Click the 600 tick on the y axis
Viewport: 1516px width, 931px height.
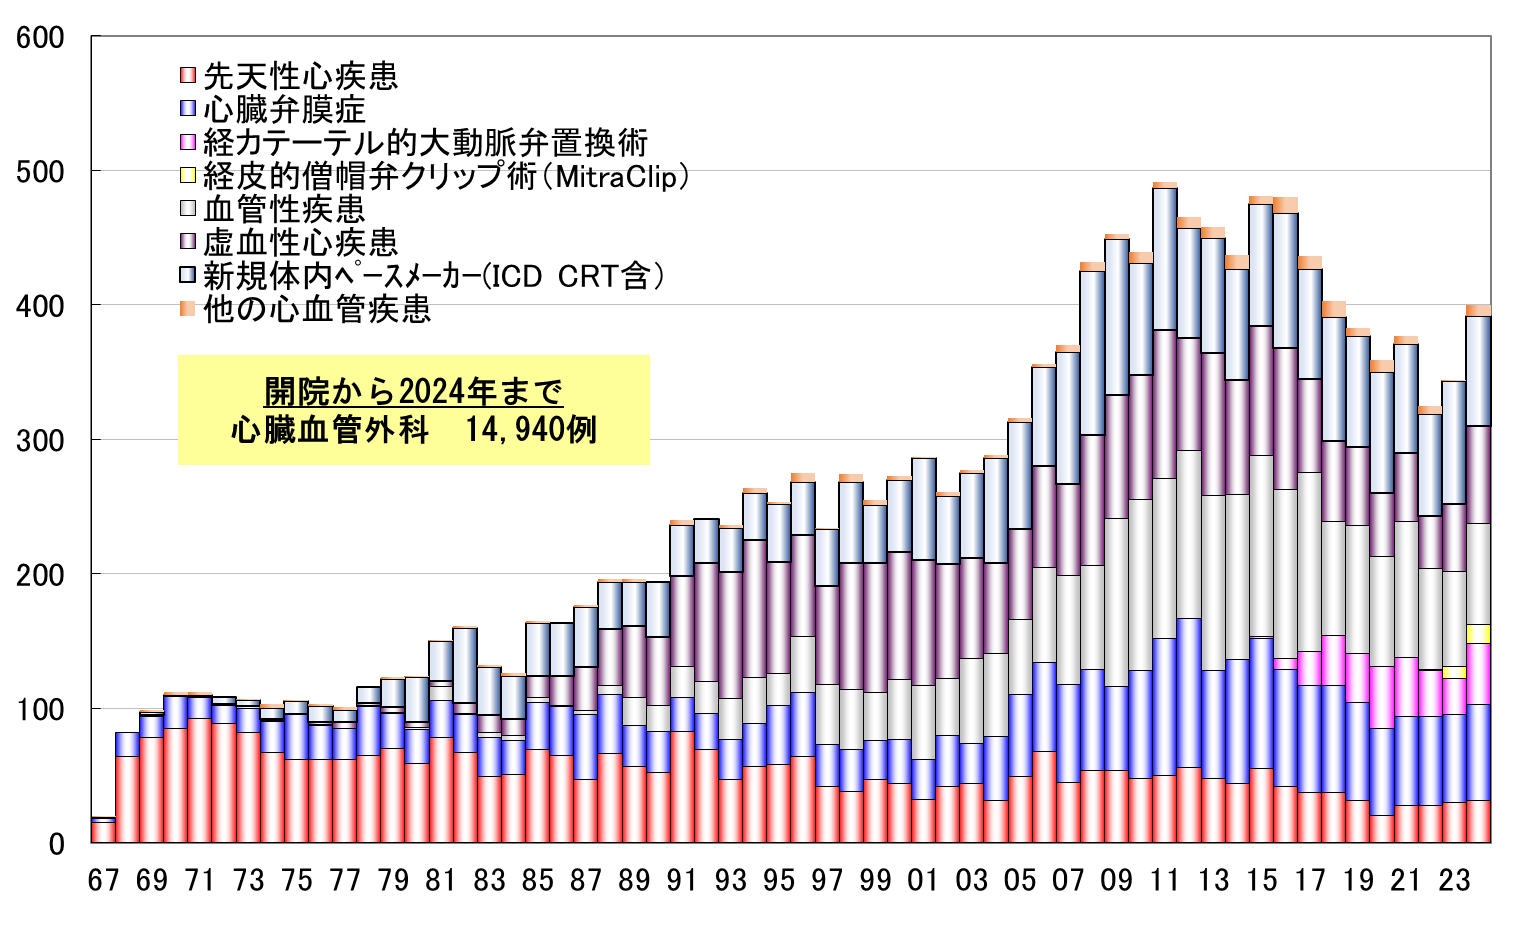pos(40,38)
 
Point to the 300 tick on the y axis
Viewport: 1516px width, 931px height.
pos(40,440)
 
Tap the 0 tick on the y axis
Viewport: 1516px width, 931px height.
pos(55,843)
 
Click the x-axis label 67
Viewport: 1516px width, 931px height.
pos(103,880)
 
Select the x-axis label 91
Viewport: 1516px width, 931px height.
pos(682,880)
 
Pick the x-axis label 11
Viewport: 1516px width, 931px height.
pos(1165,880)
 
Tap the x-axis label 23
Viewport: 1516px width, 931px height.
pos(1454,880)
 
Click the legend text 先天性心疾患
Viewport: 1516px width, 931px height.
pos(300,76)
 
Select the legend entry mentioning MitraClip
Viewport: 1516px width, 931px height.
pos(445,176)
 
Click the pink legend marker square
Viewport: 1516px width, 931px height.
pos(187,142)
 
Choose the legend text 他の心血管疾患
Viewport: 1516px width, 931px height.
pos(317,309)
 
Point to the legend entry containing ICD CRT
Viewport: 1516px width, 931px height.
pos(433,276)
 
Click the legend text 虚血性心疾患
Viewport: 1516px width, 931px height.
pos(300,242)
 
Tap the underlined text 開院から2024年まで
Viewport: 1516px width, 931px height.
pos(413,391)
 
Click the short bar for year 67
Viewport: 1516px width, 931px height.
pos(103,831)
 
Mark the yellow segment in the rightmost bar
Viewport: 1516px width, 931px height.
pos(1478,634)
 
